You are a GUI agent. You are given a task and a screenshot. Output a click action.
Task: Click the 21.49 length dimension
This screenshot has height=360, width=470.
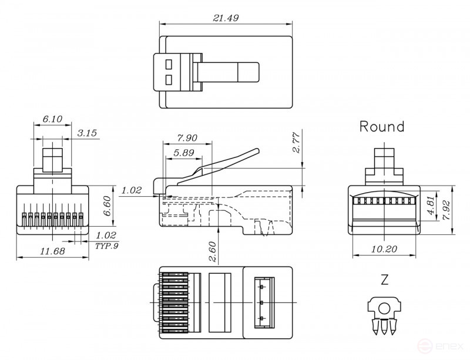click(226, 18)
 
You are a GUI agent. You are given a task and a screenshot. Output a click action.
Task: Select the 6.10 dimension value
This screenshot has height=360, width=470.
click(52, 119)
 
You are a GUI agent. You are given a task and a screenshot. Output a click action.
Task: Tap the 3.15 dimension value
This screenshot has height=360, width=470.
click(87, 133)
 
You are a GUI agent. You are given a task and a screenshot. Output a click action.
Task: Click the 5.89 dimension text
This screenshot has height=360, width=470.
click(183, 153)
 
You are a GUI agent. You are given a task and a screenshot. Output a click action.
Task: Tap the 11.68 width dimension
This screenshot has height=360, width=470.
click(52, 251)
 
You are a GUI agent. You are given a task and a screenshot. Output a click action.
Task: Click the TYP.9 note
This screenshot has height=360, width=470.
click(106, 245)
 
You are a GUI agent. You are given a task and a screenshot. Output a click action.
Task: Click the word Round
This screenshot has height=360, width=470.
click(382, 126)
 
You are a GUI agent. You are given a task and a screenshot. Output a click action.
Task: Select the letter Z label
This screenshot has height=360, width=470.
click(384, 280)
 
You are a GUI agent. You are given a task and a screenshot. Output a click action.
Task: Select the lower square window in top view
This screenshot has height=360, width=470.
click(170, 80)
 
